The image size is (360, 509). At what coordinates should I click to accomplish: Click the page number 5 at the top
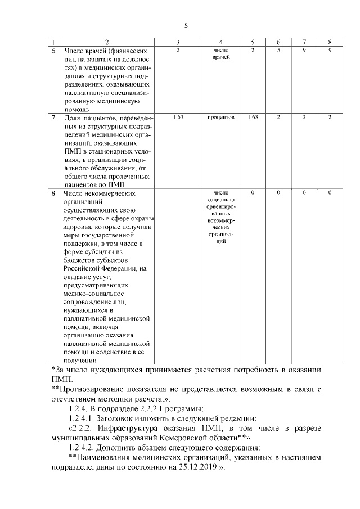tap(186, 25)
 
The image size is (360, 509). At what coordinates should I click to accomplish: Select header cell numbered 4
tap(222, 42)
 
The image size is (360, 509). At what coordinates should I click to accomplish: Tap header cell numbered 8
tap(330, 42)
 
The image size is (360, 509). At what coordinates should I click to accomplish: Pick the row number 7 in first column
tap(53, 118)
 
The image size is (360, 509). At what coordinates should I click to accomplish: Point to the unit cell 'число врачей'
tap(222, 55)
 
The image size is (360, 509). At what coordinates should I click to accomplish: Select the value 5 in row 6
tap(278, 51)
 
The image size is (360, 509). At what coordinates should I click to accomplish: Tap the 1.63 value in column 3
tap(177, 117)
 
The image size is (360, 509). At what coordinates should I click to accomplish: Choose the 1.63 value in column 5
tap(253, 117)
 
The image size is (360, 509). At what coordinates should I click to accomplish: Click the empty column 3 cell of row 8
tap(177, 276)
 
